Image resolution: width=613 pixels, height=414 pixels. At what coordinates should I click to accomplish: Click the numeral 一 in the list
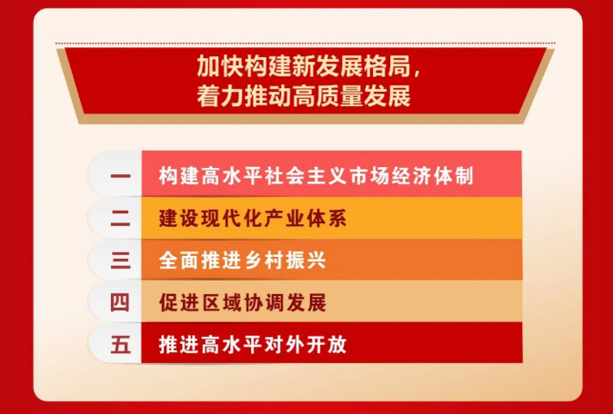[x=120, y=176]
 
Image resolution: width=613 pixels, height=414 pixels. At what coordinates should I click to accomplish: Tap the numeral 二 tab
[x=120, y=219]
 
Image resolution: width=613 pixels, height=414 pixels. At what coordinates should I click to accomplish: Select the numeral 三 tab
[x=120, y=261]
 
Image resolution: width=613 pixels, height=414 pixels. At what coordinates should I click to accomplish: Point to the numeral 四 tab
[x=120, y=303]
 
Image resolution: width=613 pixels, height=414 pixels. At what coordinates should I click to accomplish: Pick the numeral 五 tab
[x=120, y=345]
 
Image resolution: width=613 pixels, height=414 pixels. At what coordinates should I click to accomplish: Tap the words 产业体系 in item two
[x=304, y=219]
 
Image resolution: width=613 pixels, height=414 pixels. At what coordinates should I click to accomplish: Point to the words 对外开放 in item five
[x=304, y=345]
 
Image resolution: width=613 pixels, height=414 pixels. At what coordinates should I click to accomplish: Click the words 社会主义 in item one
[x=304, y=176]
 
